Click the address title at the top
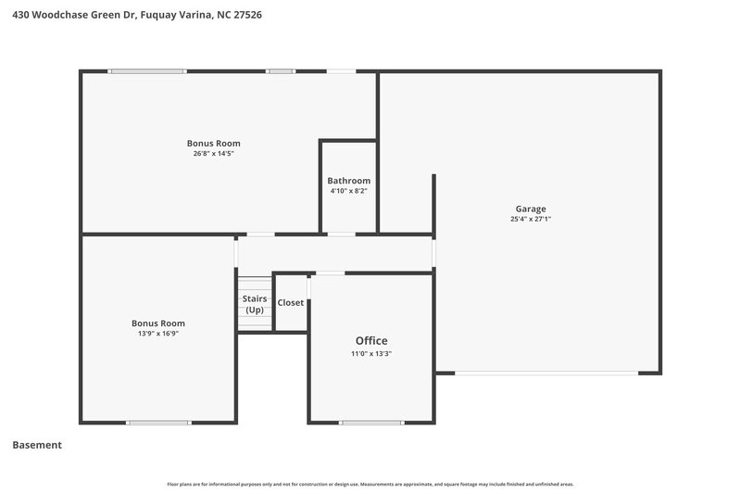click(x=131, y=15)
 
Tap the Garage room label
click(x=531, y=209)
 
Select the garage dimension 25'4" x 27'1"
click(x=531, y=220)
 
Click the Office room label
click(x=369, y=340)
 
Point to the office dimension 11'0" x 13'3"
click(x=369, y=353)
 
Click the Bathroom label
click(x=348, y=181)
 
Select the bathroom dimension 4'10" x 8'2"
click(x=348, y=191)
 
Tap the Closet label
click(x=291, y=303)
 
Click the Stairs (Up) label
click(x=255, y=304)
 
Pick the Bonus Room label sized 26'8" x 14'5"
click(x=213, y=143)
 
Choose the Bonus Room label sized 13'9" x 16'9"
click(x=158, y=323)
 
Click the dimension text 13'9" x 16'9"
click(x=158, y=333)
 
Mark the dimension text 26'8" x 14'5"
click(x=213, y=154)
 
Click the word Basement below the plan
click(x=37, y=445)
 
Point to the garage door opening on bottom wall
click(x=546, y=374)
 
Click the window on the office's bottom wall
click(x=370, y=423)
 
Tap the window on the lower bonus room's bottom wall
click(x=158, y=423)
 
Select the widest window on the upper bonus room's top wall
click(x=147, y=71)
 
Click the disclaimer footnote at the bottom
click(x=370, y=484)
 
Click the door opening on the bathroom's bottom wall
click(x=341, y=234)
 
